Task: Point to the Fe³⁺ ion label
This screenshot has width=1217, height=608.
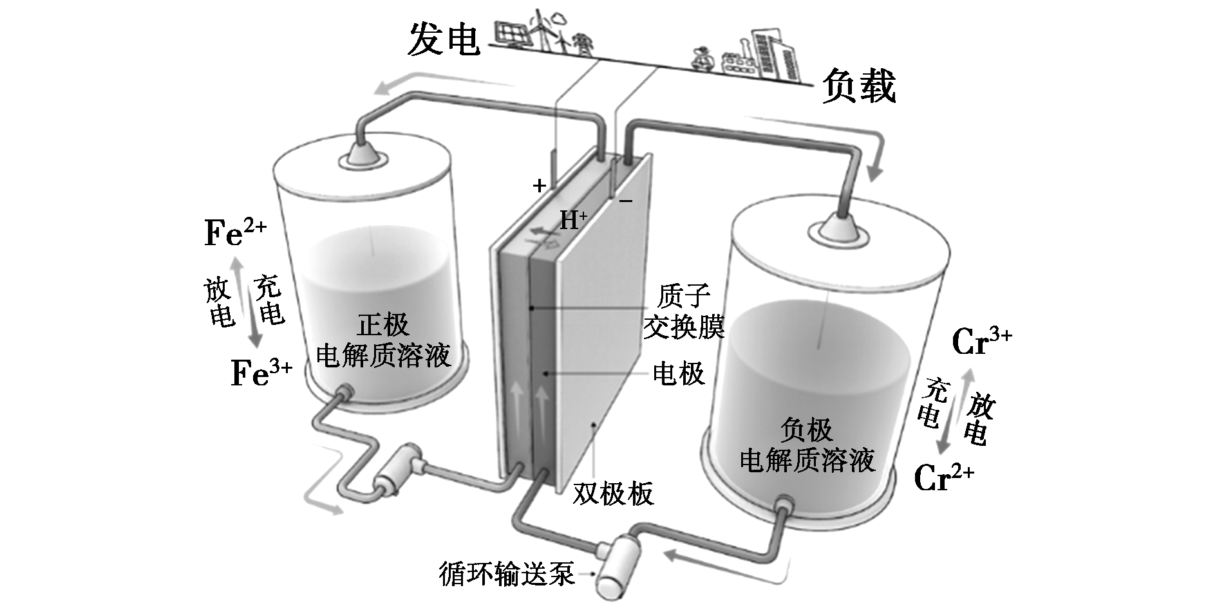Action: point(261,373)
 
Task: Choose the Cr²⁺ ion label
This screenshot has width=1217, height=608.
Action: point(944,477)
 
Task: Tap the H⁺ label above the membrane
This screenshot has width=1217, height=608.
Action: point(573,221)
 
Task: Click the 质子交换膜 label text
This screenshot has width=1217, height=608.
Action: point(684,312)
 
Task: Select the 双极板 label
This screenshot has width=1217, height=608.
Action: point(613,493)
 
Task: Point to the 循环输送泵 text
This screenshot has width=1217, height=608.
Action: point(507,573)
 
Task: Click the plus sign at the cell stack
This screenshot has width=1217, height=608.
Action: point(540,186)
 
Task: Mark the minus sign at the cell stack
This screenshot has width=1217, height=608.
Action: point(626,201)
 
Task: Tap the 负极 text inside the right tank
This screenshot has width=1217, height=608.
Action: point(806,429)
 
